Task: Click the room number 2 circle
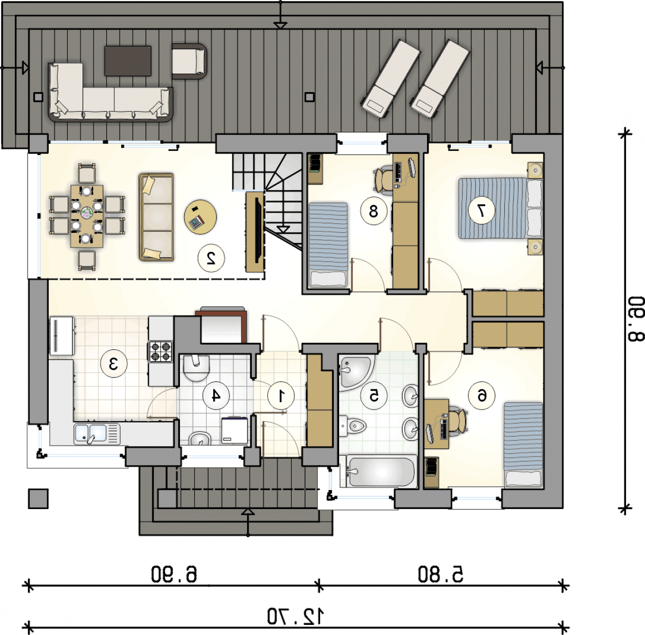pos(211,258)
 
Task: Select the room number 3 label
pos(114,364)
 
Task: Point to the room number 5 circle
pos(374,396)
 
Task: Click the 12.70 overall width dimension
pos(296,616)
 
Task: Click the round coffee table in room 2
pos(201,216)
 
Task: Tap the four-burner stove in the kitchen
pos(161,351)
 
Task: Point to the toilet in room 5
pos(352,426)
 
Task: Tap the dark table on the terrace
pos(128,61)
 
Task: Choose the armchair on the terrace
pos(189,61)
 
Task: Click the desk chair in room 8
pos(384,180)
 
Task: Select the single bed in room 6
pos(523,444)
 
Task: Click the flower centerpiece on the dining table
pos(87,213)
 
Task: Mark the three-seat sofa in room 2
pos(156,217)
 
